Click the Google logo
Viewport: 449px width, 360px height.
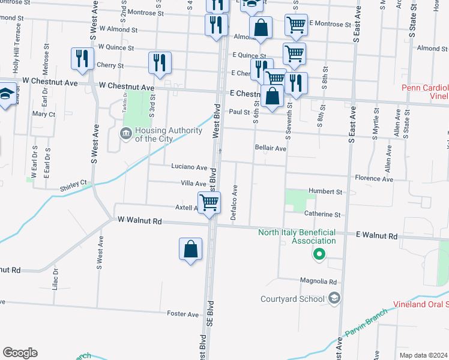(20, 353)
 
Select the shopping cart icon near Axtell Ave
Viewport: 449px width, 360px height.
(209, 203)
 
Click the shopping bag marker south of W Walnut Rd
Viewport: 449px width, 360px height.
(190, 249)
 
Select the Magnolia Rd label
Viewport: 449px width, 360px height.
(320, 281)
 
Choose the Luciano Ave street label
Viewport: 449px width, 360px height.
(189, 167)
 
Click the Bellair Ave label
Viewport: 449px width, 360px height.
(270, 148)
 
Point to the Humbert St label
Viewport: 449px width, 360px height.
(325, 192)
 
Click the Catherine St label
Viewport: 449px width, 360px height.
(322, 214)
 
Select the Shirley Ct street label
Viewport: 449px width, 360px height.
(73, 185)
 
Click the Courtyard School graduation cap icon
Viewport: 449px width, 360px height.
(334, 298)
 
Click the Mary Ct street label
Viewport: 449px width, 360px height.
(44, 114)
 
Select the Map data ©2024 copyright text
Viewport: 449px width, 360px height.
(423, 355)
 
